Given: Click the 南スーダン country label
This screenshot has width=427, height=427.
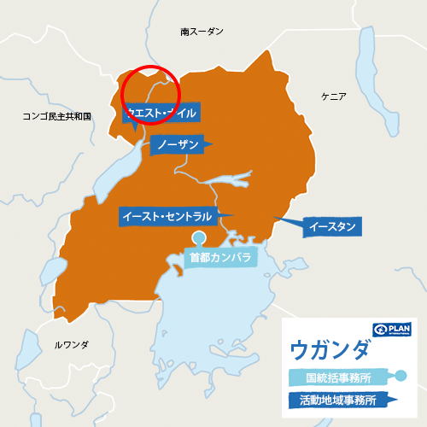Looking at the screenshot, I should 202,32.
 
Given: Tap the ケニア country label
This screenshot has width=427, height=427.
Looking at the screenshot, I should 333,97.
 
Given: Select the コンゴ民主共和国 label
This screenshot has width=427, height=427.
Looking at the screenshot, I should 57,115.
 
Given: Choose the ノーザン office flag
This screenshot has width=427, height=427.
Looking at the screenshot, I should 179,145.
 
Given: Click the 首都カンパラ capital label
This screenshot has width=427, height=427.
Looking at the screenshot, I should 221,256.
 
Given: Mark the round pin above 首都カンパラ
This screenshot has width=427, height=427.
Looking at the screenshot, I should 199,237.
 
